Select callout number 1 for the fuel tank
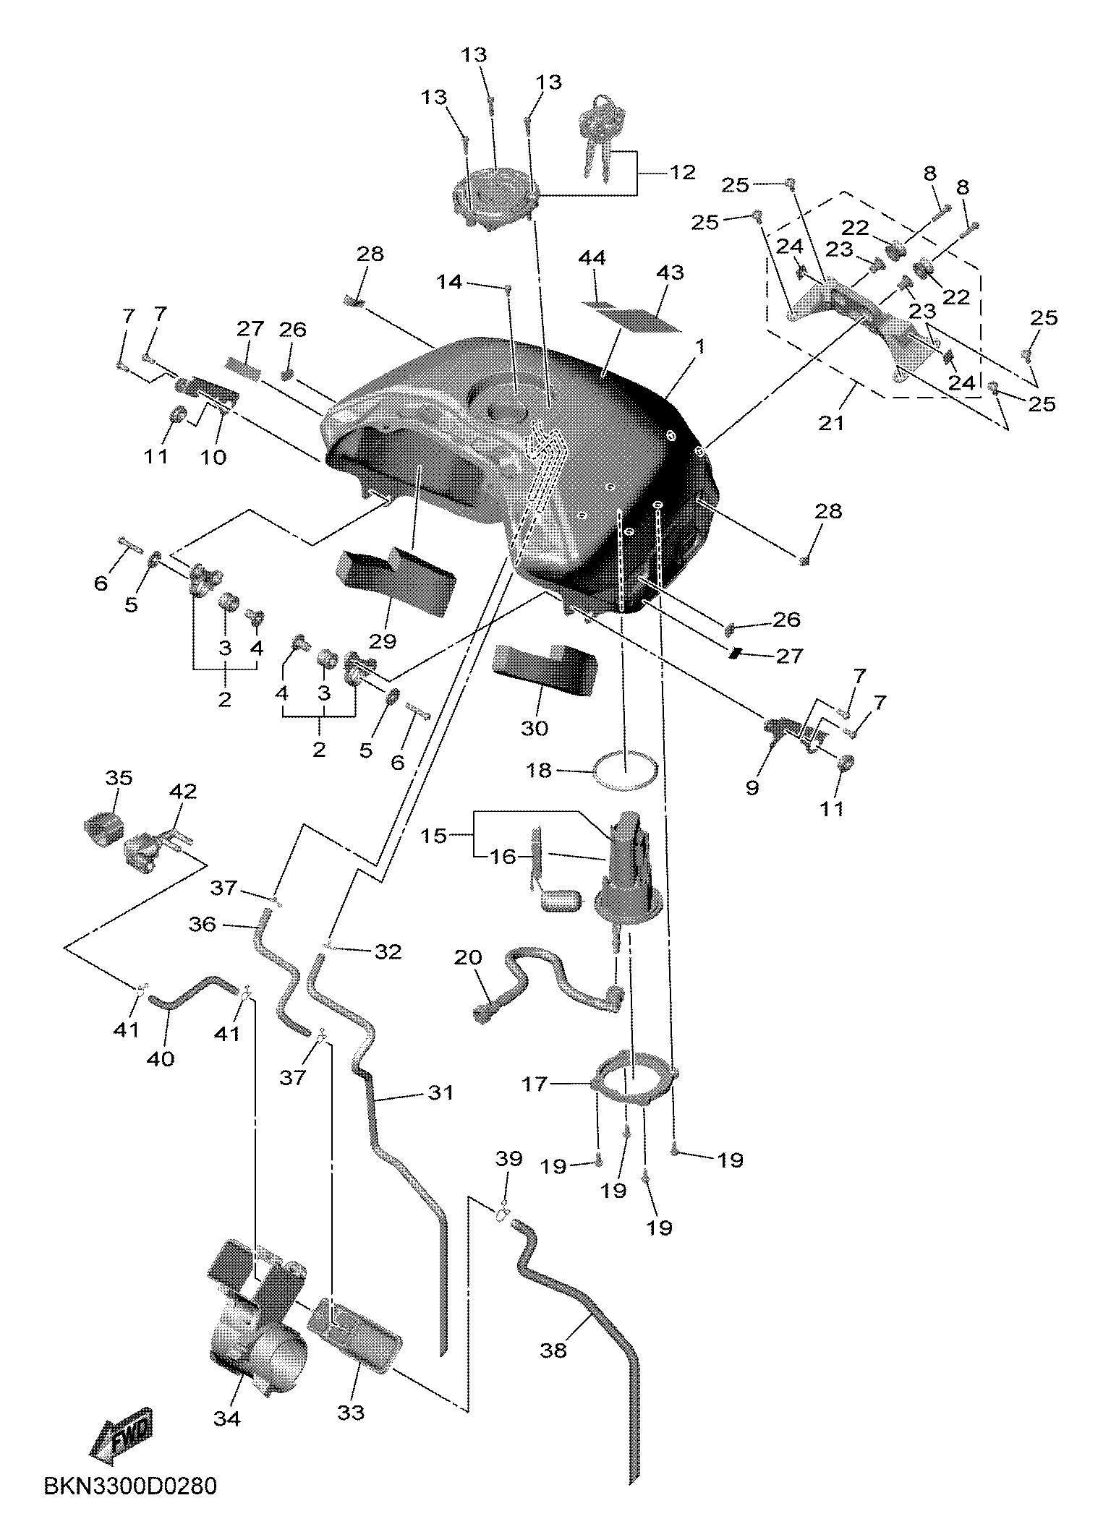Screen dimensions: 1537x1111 tap(699, 347)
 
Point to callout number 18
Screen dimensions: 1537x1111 tap(540, 771)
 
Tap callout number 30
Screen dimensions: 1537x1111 tap(535, 728)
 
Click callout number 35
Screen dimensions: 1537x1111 tap(119, 778)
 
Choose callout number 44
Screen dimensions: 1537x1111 tap(593, 258)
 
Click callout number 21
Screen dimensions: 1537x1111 tap(831, 422)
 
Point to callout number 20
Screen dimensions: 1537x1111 tap(468, 957)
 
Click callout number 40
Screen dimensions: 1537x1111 tap(161, 1058)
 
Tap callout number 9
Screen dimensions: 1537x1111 tap(752, 787)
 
